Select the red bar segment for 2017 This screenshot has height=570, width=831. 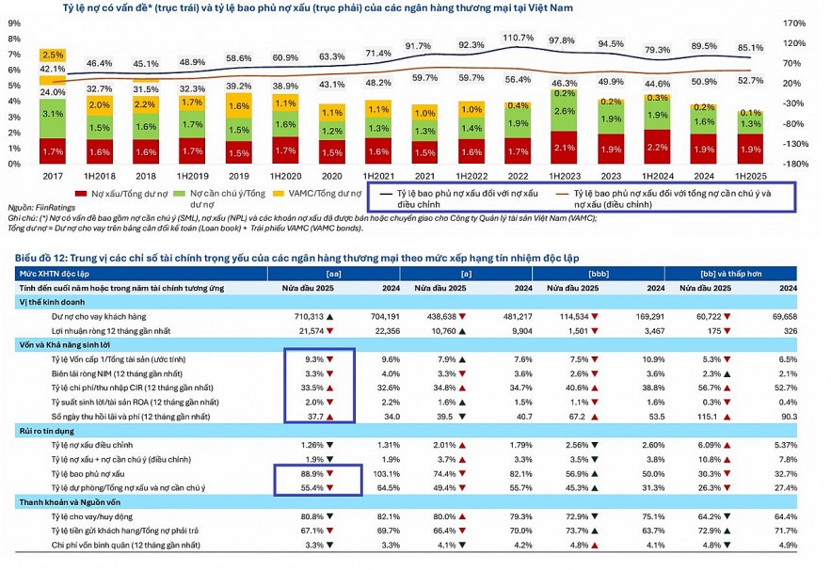(x=53, y=150)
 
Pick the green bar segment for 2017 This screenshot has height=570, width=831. (x=53, y=114)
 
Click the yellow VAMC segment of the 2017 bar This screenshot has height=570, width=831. (x=53, y=55)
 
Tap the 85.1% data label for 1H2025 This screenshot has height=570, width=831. (x=749, y=47)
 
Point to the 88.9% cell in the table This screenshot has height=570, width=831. (x=312, y=476)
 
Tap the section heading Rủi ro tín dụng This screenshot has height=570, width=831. (x=44, y=431)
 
